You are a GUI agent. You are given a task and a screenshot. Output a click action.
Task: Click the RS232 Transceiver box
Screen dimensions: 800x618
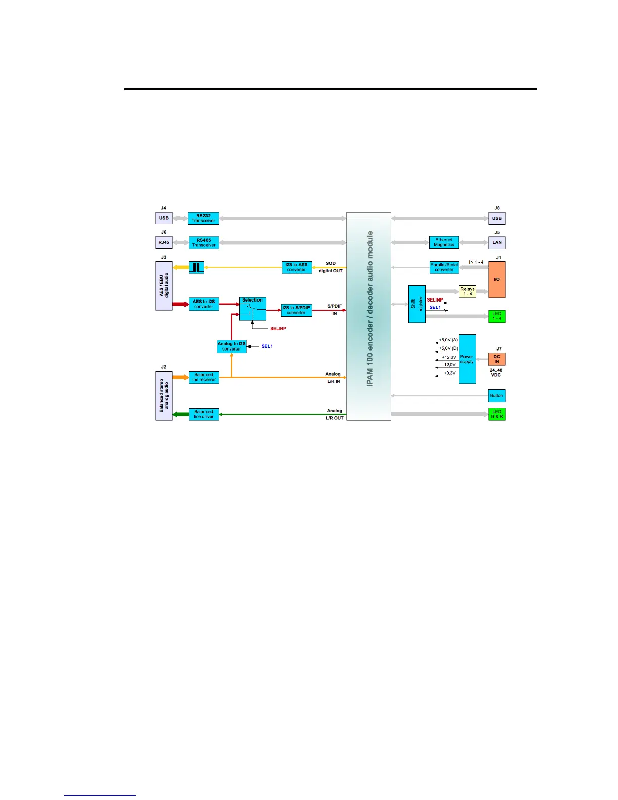click(203, 218)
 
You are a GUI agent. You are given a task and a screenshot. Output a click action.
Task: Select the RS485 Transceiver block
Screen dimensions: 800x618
click(204, 243)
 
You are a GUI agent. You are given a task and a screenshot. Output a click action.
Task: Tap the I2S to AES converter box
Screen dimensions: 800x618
click(296, 267)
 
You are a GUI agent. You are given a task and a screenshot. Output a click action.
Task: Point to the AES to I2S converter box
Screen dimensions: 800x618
click(203, 304)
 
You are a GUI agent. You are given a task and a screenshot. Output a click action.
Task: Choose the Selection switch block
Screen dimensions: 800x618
click(252, 309)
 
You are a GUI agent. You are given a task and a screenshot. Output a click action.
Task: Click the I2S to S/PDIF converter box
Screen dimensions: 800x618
click(296, 310)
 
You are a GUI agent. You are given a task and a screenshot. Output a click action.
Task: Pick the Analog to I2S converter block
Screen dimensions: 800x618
click(232, 346)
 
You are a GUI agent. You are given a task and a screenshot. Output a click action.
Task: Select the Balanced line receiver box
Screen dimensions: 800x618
click(203, 377)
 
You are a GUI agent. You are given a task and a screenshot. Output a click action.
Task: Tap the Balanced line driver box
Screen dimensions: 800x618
click(203, 414)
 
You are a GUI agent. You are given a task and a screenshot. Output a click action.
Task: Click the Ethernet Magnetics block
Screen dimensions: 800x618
click(444, 242)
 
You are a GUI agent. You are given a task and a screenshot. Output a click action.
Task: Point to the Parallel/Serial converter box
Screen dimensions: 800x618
click(444, 267)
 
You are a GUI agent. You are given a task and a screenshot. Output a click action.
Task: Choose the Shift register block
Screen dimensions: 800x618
click(417, 304)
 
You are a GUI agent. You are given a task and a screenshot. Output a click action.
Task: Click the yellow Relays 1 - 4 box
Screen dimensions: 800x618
click(468, 292)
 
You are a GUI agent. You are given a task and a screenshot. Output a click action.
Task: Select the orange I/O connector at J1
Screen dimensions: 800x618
click(497, 279)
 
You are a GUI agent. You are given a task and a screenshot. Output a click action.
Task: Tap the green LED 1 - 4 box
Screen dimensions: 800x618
click(497, 316)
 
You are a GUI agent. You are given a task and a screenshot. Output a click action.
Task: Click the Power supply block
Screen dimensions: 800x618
click(467, 359)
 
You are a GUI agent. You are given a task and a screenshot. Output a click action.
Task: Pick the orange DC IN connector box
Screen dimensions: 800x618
click(497, 359)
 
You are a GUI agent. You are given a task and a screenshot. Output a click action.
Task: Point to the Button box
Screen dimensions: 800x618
click(497, 396)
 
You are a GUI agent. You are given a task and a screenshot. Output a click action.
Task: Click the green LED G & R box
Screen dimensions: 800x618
click(497, 414)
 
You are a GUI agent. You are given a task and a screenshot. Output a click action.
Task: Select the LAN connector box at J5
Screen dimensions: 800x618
click(497, 242)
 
